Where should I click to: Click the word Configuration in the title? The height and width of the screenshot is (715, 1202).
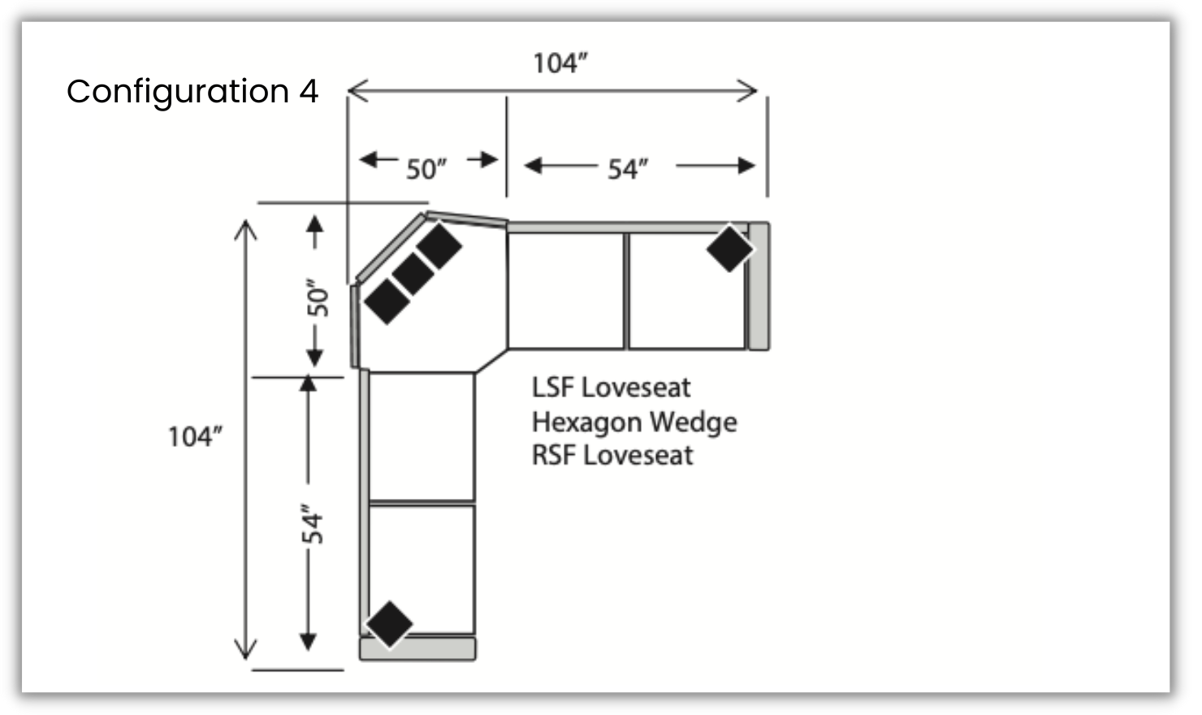(x=177, y=92)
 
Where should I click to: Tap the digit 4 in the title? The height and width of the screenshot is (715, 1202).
(x=309, y=91)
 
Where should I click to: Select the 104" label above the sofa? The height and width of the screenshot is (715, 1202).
(x=560, y=63)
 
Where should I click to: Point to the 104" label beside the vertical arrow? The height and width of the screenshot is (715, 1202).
(x=195, y=436)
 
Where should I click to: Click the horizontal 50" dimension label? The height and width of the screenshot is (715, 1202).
(x=426, y=169)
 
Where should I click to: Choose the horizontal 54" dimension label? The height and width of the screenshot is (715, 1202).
(x=628, y=169)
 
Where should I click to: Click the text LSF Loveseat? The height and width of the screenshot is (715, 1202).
(x=611, y=388)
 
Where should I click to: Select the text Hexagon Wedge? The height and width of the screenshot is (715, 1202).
(x=634, y=422)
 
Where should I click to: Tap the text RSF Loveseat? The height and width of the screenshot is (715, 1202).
(x=612, y=455)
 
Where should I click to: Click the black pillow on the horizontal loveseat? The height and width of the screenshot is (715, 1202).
(x=729, y=249)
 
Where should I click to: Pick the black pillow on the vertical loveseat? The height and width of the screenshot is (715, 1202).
(x=390, y=624)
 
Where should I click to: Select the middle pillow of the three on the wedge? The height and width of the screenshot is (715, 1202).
(x=413, y=274)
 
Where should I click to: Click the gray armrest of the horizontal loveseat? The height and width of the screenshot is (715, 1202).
(x=759, y=286)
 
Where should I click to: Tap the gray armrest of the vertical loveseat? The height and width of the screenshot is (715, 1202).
(x=417, y=648)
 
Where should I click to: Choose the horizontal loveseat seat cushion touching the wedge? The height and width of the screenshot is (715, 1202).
(x=566, y=291)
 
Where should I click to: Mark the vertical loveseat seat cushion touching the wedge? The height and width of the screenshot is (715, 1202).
(x=422, y=436)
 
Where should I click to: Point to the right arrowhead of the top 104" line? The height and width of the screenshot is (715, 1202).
(x=750, y=90)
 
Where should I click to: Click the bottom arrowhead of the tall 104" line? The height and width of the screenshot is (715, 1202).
(x=245, y=650)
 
